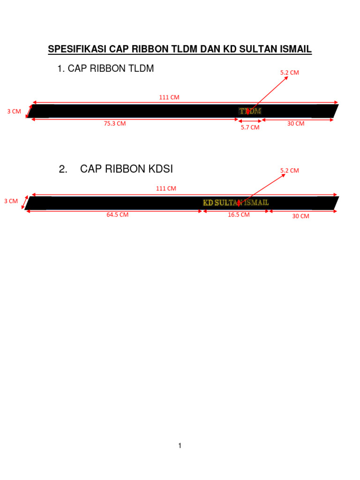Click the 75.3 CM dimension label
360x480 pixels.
115,124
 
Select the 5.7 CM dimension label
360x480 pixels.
250,127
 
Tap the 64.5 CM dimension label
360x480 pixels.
117,215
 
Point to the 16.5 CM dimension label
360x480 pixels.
239,215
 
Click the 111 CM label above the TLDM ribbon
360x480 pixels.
169,97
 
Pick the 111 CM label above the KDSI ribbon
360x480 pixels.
166,188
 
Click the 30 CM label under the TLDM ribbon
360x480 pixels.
296,124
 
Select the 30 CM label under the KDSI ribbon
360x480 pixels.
300,216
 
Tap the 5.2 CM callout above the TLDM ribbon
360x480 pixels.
290,73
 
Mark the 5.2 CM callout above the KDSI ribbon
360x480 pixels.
290,171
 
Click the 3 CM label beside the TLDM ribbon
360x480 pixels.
14,112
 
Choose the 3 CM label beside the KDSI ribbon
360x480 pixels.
11,201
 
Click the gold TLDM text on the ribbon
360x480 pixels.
250,111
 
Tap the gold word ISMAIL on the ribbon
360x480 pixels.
255,202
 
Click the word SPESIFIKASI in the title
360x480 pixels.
77,50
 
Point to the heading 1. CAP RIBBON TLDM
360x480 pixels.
105,69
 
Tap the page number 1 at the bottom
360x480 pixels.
180,446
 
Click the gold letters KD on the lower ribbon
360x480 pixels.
208,202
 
